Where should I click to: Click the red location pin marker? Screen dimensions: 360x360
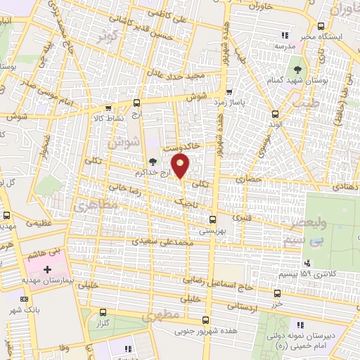[181, 167]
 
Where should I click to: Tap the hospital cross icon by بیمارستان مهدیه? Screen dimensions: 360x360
[48, 269]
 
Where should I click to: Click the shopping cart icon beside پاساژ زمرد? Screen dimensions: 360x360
[229, 91]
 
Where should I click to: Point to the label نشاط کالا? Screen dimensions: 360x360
[109, 118]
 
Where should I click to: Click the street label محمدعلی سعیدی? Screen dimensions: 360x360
[169, 242]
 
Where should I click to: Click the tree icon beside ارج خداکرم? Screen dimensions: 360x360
[153, 162]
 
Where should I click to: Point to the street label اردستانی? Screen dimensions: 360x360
[249, 307]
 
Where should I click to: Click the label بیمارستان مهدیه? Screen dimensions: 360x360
[42, 281]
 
